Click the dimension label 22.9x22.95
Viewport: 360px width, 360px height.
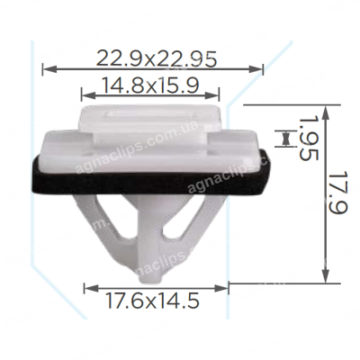pos(157,58)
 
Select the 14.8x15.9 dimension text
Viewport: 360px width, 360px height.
pos(150,85)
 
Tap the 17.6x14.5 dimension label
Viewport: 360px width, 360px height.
pos(152,301)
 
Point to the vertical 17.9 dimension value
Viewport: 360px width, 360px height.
pos(339,193)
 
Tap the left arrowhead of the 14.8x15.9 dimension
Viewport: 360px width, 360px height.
pos(88,95)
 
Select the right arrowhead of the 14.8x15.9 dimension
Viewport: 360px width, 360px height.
pos(212,95)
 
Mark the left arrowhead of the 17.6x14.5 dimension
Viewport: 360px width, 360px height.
pos(91,289)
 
